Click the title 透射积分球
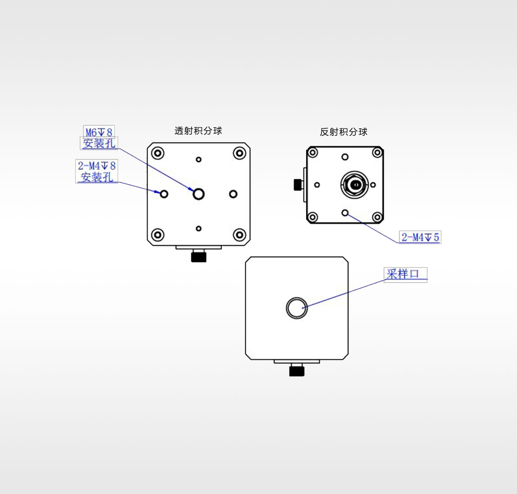tap(198, 131)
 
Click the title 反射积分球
tap(344, 132)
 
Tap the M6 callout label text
tap(99, 132)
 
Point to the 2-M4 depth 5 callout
tap(420, 237)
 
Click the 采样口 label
tap(402, 274)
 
